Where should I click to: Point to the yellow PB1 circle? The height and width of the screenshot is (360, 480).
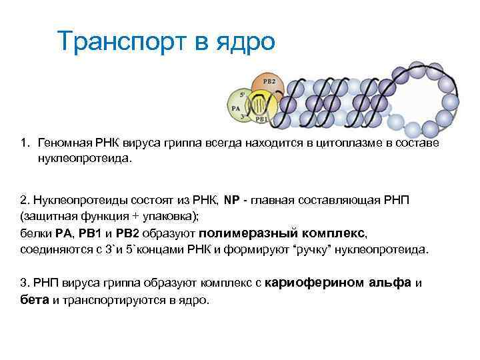click(259, 111)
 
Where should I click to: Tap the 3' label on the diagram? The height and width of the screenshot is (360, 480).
click(244, 117)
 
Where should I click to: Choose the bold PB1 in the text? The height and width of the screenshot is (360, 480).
click(89, 233)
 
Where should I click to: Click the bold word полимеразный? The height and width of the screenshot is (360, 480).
click(237, 233)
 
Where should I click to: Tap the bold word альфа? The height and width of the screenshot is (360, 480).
click(390, 283)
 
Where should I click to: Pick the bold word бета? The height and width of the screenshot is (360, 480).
click(35, 300)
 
